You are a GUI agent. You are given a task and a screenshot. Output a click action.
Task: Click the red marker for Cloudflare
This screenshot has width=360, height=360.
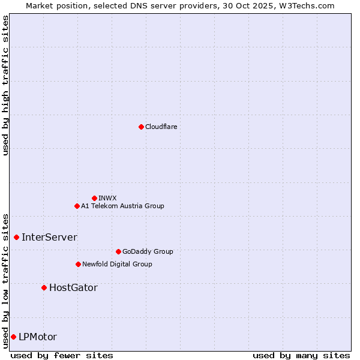pos(141,127)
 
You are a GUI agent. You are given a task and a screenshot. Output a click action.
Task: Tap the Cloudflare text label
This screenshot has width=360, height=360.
pos(161,127)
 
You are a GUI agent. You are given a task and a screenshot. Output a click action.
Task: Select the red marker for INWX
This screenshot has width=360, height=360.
pos(94,198)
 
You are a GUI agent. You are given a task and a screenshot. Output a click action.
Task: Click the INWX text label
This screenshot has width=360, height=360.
pos(108,198)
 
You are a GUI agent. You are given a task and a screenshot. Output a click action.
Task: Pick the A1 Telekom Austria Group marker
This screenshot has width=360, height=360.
pos(77,206)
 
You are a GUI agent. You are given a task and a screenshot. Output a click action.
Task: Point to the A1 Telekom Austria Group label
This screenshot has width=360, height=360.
pos(122,206)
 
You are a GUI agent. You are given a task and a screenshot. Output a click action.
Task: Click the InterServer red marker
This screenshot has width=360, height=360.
pos(16,237)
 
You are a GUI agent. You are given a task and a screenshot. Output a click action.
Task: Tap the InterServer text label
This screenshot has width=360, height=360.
pos(49,237)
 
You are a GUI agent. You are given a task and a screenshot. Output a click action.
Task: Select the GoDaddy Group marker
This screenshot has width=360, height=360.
pos(118,251)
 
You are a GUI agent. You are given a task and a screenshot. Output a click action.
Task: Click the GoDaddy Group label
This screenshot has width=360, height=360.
pos(148,251)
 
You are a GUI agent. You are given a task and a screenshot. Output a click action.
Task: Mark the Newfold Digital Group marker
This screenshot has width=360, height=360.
pos(78,264)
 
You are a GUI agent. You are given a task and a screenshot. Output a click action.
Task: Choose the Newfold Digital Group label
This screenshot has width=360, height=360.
pos(117,264)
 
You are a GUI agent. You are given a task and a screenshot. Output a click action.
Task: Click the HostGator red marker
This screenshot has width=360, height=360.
pos(44,287)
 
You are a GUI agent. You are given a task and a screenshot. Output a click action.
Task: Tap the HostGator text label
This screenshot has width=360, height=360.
pos(73,287)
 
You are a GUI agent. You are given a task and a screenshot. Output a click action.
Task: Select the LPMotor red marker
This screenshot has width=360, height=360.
pos(13,337)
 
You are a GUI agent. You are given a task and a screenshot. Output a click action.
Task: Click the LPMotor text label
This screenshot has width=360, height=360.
pos(38,337)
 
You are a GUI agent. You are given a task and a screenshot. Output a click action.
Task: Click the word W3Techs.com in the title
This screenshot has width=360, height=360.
pos(310,5)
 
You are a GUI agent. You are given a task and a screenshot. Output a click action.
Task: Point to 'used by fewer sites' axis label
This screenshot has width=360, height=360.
pos(62,355)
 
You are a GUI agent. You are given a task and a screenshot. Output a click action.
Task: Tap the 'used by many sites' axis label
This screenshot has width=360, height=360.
pos(301,355)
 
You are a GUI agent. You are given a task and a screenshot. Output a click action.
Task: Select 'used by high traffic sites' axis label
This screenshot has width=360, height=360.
pos(5,85)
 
